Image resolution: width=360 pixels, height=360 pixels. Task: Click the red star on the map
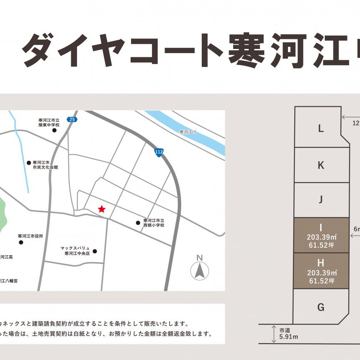[x=101, y=209]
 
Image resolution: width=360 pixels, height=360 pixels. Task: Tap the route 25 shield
[x=72, y=119]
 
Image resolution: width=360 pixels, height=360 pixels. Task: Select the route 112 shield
[x=159, y=152]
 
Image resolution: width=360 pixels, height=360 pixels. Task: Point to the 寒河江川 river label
[x=188, y=132]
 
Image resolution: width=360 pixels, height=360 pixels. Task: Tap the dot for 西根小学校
[x=138, y=223]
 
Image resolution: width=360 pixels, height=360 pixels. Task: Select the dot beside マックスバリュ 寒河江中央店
[x=95, y=251]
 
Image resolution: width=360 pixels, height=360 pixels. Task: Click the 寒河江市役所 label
[x=31, y=236]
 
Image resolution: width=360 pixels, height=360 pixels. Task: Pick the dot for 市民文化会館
[x=29, y=162]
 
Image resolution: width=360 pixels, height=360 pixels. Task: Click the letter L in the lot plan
[x=321, y=129]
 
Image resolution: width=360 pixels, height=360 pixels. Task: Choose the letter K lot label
[x=321, y=165]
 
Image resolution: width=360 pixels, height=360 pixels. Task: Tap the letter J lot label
[x=321, y=200]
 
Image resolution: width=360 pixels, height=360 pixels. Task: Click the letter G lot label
[x=321, y=307]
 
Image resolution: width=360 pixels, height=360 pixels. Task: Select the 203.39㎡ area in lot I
[x=321, y=237]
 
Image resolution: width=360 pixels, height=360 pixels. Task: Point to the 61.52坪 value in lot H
[x=321, y=281]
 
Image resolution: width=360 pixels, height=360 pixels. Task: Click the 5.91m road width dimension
[x=288, y=336]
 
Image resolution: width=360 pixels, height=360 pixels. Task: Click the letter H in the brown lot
[x=321, y=263]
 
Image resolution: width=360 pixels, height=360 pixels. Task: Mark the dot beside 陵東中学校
[x=54, y=130]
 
